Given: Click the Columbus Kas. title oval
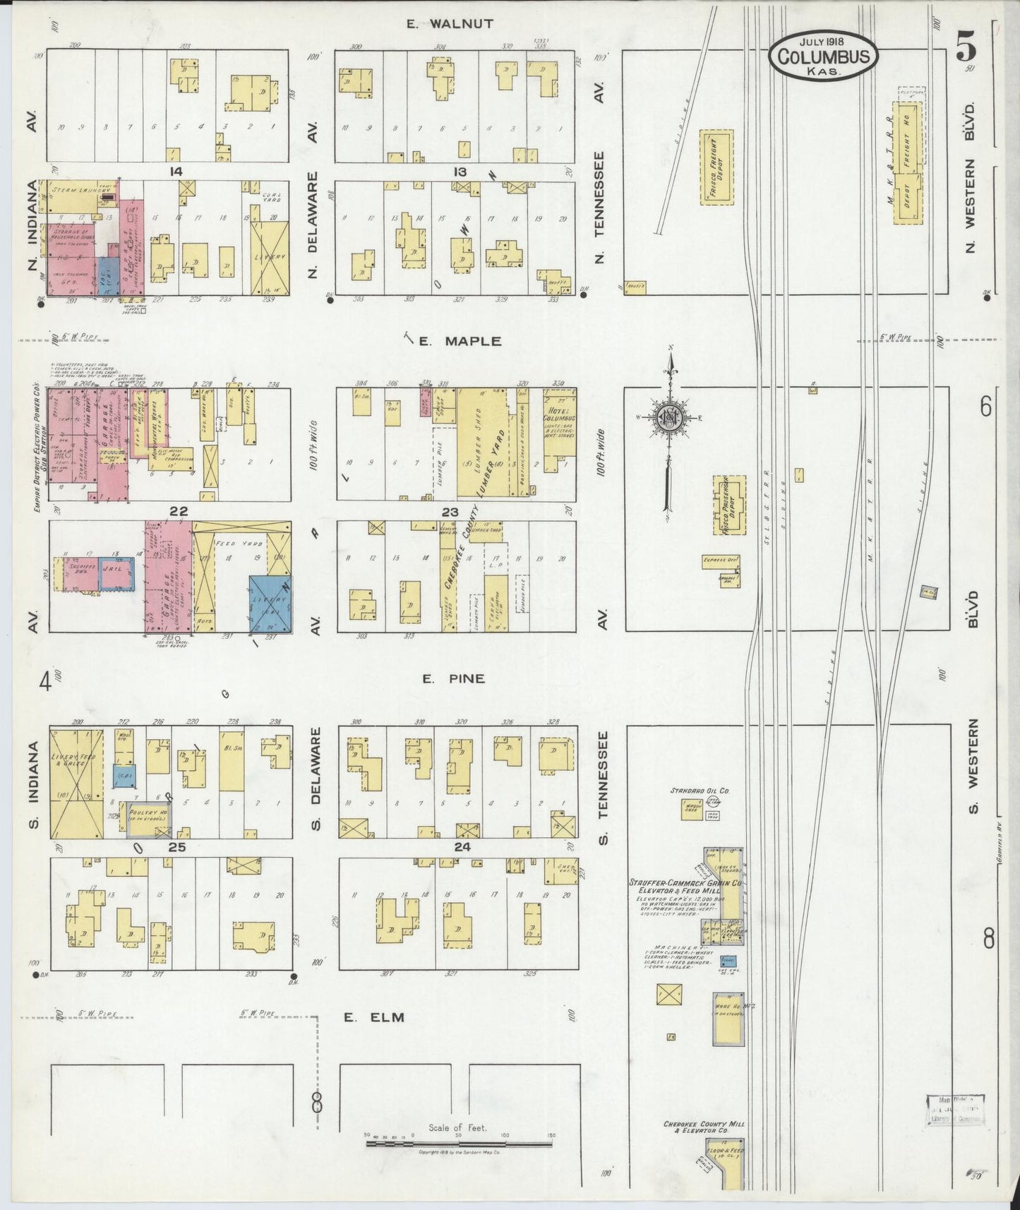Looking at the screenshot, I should [824, 55].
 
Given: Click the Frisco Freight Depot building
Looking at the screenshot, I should [716, 167].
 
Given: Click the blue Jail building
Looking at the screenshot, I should [116, 573].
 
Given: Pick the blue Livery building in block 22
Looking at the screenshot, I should [270, 604].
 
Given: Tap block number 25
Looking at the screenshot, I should [176, 847].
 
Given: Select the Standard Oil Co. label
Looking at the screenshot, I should [700, 790].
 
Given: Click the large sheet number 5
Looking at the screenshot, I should [966, 49].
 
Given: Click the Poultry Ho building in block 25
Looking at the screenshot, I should [152, 817].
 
